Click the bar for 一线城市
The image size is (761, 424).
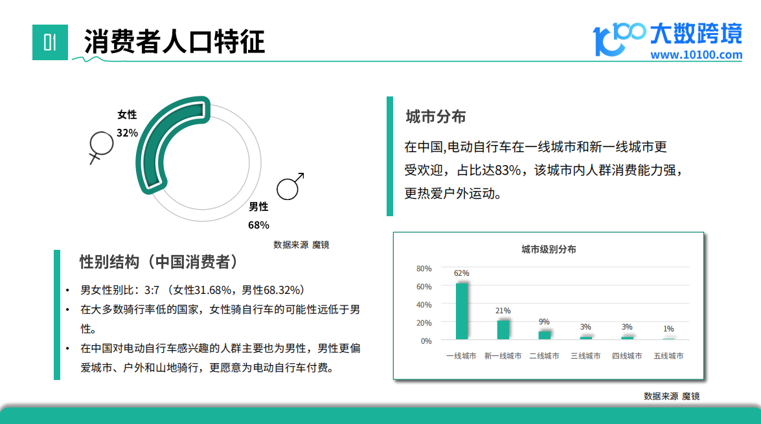462,311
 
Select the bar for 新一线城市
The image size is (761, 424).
503,329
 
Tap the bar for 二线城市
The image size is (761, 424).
545,335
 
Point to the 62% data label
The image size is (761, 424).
462,273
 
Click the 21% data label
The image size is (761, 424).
503,311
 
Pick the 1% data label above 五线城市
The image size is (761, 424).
668,329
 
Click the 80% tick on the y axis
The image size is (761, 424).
424,268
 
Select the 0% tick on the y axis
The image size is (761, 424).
426,341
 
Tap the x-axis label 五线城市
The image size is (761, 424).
668,356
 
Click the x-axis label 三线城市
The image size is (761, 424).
585,356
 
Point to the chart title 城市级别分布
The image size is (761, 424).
549,249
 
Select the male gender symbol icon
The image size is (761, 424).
290,186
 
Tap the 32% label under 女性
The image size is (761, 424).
127,133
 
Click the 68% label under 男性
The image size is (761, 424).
258,225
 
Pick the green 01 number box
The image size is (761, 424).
50,42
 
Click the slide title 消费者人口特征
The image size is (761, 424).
174,41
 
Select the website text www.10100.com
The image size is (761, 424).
696,55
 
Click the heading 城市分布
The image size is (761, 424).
436,117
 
